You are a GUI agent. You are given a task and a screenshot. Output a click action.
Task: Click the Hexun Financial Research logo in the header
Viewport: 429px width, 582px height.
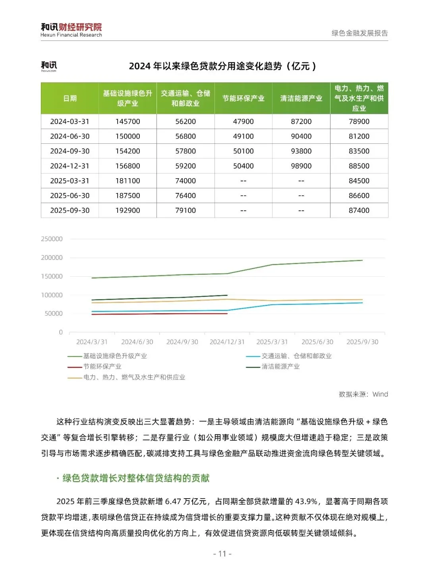click(71, 30)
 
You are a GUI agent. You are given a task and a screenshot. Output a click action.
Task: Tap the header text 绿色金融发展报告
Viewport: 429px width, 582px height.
click(359, 33)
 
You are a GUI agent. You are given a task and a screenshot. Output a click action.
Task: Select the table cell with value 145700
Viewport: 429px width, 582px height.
click(128, 121)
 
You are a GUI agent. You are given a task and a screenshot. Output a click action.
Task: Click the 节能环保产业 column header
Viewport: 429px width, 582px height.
click(243, 98)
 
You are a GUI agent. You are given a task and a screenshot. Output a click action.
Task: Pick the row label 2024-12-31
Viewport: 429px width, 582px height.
click(70, 166)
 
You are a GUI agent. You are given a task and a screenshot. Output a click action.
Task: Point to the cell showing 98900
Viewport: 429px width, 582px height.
click(301, 166)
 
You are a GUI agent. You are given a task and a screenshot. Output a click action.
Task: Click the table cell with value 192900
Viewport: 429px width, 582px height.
click(128, 210)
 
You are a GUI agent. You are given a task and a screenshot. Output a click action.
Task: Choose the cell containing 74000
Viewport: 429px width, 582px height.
click(186, 181)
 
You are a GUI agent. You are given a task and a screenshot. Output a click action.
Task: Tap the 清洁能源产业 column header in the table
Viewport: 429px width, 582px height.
click(301, 98)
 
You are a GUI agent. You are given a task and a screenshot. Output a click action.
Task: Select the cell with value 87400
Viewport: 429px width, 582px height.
click(359, 210)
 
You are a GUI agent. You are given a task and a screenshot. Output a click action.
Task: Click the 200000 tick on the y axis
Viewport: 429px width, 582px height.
click(52, 258)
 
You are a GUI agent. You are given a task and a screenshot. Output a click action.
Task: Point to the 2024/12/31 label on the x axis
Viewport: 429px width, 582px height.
click(227, 342)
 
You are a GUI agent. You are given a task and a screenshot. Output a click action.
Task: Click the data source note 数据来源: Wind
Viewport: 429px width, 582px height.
click(363, 394)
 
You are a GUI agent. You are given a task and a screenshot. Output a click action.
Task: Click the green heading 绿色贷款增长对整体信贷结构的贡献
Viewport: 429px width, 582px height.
click(135, 478)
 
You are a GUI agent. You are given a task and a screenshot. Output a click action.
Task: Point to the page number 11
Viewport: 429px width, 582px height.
click(222, 554)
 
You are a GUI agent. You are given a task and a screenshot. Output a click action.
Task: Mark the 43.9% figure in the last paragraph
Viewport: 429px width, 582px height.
click(306, 501)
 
